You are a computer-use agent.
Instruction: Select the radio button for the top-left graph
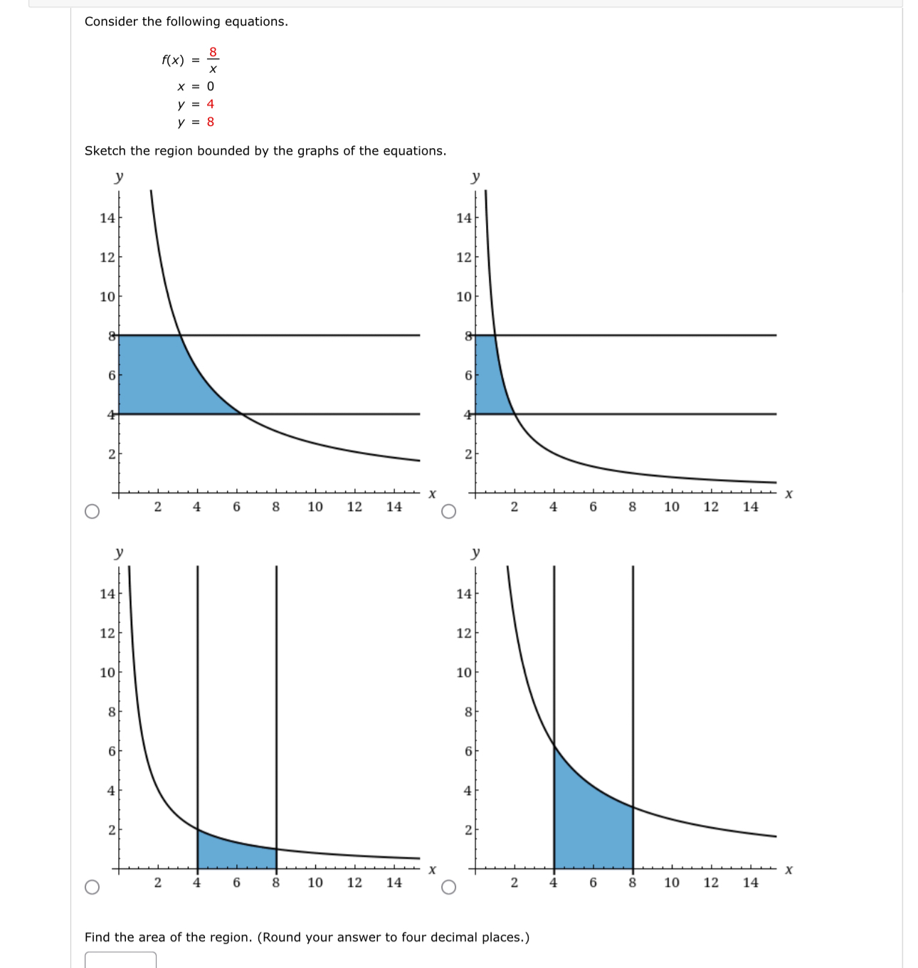[x=92, y=512]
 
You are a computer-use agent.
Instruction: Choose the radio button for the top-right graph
[x=448, y=512]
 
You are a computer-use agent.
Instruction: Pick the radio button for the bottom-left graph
[x=92, y=887]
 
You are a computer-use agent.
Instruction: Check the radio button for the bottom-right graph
[x=448, y=887]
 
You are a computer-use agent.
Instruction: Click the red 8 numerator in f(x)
[x=213, y=52]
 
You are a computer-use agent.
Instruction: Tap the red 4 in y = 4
[x=210, y=104]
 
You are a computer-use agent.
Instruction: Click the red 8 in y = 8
[x=210, y=122]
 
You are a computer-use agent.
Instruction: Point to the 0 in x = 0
[x=210, y=86]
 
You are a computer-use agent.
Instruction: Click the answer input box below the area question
[x=120, y=960]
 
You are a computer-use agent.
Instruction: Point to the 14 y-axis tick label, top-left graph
[x=107, y=218]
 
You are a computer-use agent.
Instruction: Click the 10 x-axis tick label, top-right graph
[x=672, y=507]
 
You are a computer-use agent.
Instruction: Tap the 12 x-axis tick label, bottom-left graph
[x=354, y=883]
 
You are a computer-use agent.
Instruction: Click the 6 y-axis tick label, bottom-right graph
[x=468, y=751]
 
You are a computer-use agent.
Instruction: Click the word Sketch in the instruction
[x=105, y=151]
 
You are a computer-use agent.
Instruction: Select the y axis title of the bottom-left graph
[x=119, y=552]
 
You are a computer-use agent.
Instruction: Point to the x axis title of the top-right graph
[x=788, y=494]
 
